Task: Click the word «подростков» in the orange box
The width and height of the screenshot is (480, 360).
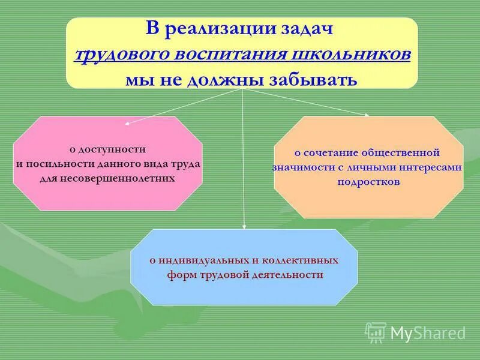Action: [368, 182]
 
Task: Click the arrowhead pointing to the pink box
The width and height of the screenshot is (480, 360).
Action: [128, 123]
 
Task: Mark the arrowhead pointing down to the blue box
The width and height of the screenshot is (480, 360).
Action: [244, 226]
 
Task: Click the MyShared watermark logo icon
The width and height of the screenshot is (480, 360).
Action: [376, 332]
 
